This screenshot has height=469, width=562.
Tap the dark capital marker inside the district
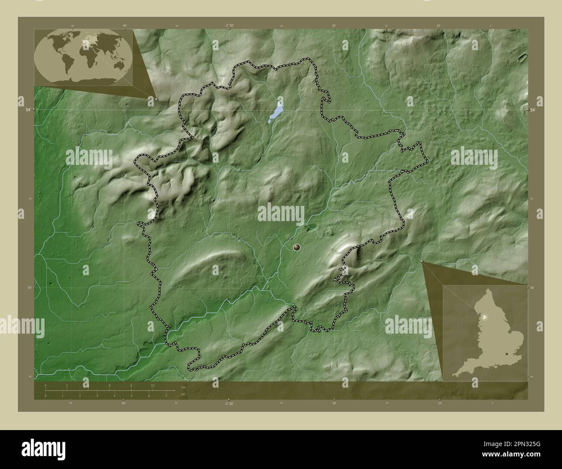point(297,247)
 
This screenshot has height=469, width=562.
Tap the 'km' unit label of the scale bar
point(183,387)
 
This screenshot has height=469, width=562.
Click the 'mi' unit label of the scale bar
point(183,394)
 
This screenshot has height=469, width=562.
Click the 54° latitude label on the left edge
point(28,110)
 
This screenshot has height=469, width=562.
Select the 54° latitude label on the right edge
point(534,110)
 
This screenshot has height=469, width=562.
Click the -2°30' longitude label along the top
point(229,26)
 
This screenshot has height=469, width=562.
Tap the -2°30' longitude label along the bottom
point(229,403)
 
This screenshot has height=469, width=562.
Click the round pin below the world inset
point(156,99)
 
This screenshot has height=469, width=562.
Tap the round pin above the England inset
point(422,261)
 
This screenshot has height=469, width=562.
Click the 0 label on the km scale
point(45,385)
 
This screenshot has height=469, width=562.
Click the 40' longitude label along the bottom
point(124,403)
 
